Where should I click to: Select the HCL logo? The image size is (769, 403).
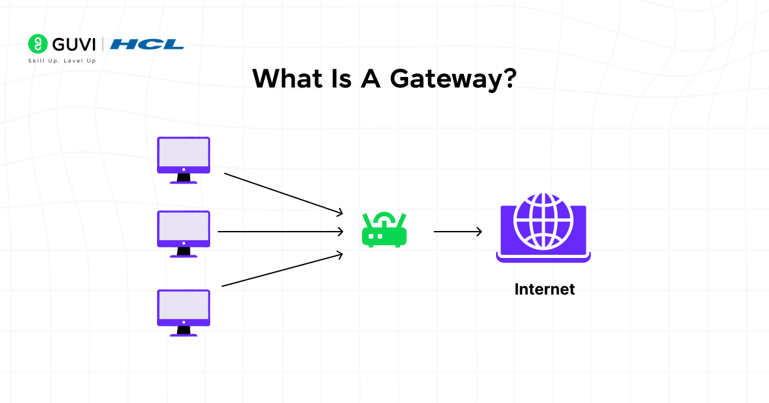[147, 44]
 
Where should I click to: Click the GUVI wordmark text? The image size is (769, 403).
[74, 44]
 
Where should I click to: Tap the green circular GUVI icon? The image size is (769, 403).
[38, 44]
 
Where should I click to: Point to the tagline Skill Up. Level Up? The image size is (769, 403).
[62, 60]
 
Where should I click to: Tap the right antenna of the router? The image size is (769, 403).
[402, 222]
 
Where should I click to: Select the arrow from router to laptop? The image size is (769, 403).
[458, 232]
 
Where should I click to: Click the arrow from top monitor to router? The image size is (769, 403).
[284, 193]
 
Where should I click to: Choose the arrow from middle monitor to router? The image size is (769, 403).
[281, 232]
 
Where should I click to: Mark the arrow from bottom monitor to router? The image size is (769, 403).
[282, 270]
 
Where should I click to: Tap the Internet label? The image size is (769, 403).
[544, 289]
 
